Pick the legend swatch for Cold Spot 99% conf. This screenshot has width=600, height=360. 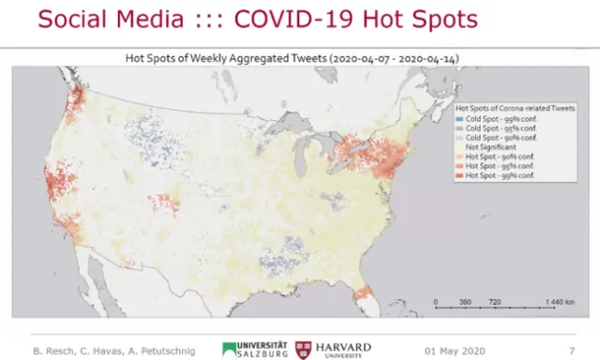click(459, 121)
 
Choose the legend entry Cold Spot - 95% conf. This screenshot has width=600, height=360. click(491, 130)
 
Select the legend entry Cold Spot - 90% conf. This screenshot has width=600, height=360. click(491, 140)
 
